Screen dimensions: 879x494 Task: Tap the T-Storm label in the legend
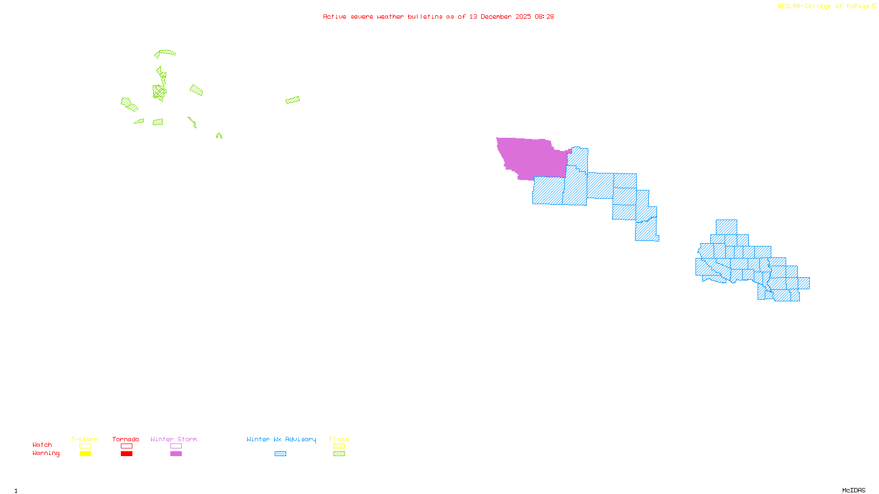85,439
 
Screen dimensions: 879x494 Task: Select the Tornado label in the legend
126,439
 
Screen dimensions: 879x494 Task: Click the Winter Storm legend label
174,439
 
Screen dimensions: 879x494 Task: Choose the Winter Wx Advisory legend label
281,439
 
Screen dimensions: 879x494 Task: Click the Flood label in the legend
339,439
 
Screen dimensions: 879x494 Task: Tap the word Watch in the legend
42,445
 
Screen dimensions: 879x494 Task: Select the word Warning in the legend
46,453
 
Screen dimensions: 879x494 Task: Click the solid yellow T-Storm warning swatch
85,454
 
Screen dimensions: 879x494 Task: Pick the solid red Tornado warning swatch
126,454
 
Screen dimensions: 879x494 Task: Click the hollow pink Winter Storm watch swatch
176,446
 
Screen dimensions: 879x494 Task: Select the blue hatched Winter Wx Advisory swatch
280,454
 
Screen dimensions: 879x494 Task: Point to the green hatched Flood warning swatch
340,454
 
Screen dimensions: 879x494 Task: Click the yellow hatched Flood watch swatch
340,446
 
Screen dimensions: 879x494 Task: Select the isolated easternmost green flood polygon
293,100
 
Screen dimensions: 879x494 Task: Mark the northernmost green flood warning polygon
165,53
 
